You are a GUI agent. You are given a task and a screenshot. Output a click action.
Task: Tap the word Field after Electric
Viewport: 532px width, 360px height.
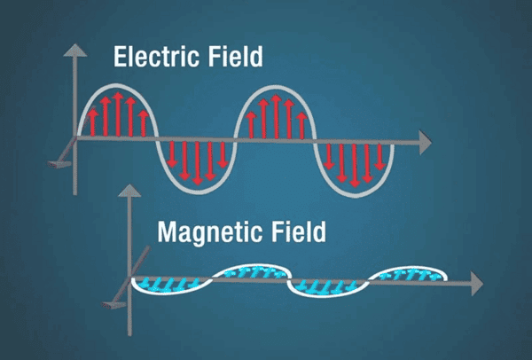pyautogui.click(x=236, y=57)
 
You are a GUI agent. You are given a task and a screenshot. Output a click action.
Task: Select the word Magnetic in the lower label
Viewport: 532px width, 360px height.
pyautogui.click(x=210, y=231)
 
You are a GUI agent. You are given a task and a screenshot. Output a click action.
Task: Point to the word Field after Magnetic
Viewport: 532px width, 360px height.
pyautogui.click(x=299, y=231)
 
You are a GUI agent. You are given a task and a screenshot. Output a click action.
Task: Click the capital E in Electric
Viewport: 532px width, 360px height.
pyautogui.click(x=120, y=57)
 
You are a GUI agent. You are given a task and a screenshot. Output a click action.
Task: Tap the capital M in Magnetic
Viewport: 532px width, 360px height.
pyautogui.click(x=168, y=231)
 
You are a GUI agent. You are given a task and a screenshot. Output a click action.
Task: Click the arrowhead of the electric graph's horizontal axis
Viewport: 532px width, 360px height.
pyautogui.click(x=426, y=142)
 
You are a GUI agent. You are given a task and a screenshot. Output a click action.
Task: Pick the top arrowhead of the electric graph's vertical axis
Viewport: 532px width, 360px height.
pyautogui.click(x=75, y=50)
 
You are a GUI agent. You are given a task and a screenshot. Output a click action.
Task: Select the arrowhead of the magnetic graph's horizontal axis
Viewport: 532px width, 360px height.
pyautogui.click(x=477, y=284)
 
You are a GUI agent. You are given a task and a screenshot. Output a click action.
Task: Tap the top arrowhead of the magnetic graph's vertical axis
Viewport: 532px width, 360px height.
pyautogui.click(x=129, y=191)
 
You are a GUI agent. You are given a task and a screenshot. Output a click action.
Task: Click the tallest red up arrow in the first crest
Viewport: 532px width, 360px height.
pyautogui.click(x=118, y=114)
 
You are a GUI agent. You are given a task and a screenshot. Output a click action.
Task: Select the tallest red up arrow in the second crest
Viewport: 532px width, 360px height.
pyautogui.click(x=276, y=117)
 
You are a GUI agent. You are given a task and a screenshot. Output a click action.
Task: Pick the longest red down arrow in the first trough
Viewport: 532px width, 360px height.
pyautogui.click(x=197, y=163)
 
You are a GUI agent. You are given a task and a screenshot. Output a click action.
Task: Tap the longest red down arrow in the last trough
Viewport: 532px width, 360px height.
pyautogui.click(x=355, y=165)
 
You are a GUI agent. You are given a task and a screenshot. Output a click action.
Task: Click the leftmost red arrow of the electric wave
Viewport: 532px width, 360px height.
pyautogui.click(x=92, y=122)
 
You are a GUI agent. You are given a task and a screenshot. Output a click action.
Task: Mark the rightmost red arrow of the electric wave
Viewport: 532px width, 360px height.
pyautogui.click(x=379, y=157)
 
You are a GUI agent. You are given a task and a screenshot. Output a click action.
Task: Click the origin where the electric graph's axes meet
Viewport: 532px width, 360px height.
pyautogui.click(x=75, y=137)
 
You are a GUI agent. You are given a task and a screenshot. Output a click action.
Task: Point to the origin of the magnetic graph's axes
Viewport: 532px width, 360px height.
pyautogui.click(x=129, y=278)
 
